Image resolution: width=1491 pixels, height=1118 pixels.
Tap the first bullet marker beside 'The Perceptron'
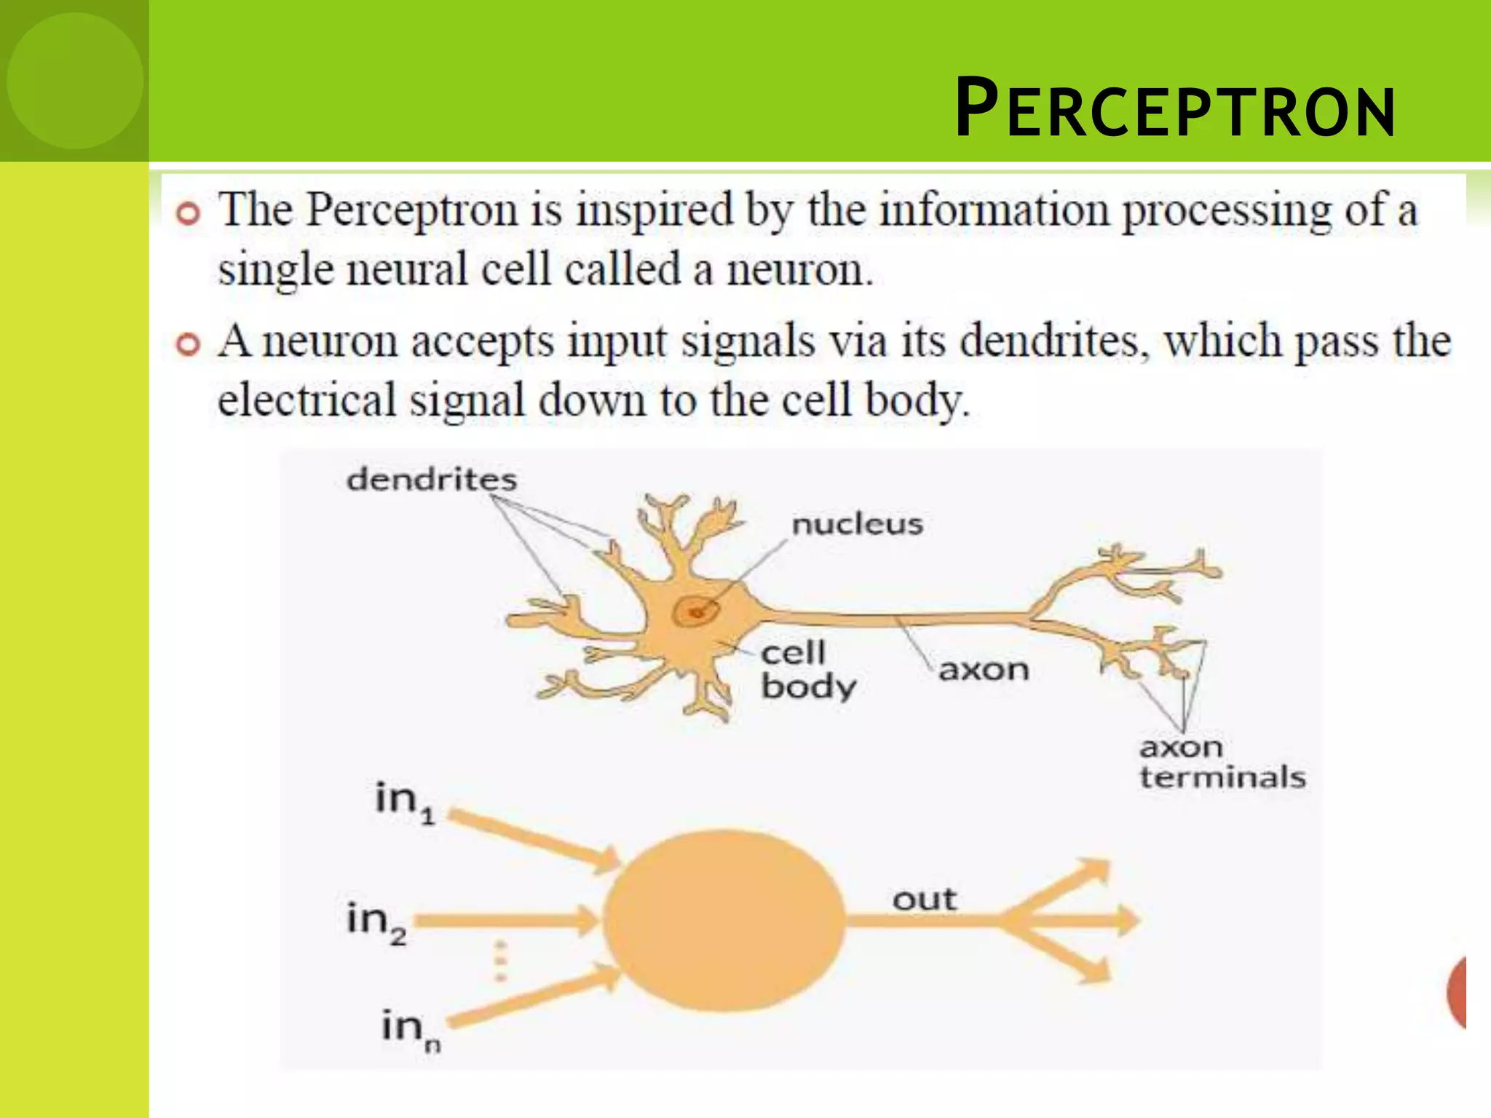click(x=188, y=214)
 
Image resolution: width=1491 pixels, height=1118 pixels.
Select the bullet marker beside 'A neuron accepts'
click(x=188, y=344)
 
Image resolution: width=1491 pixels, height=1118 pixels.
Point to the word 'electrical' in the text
click(x=306, y=401)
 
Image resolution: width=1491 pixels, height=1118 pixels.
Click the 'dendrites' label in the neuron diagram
click(x=431, y=480)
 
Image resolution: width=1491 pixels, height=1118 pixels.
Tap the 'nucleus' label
click(x=857, y=524)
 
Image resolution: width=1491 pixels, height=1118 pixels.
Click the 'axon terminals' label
click(x=1222, y=762)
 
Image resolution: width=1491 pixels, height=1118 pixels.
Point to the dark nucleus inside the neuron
click(x=695, y=611)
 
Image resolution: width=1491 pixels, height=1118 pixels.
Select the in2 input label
click(x=376, y=922)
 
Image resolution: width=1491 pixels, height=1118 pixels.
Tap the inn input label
click(x=411, y=1029)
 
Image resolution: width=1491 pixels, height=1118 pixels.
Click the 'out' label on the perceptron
click(x=924, y=900)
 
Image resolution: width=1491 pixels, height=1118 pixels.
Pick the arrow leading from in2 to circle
click(x=510, y=921)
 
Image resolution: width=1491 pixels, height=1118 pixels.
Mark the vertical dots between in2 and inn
click(x=500, y=961)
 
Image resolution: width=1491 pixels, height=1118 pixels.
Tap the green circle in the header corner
click(x=75, y=80)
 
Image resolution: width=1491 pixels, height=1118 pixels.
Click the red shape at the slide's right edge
click(x=1457, y=992)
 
